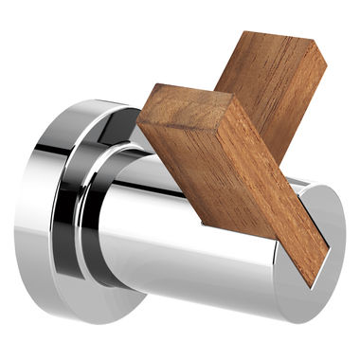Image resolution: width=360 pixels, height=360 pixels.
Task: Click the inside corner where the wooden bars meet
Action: point(220,95)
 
